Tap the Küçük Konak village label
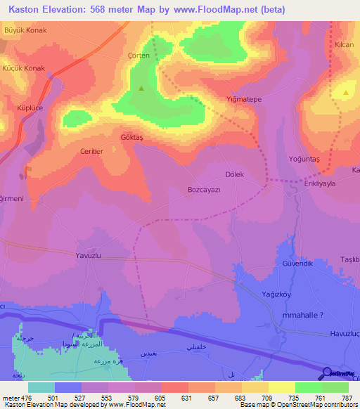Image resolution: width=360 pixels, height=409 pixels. (25, 68)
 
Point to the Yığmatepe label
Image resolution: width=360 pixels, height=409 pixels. (243, 100)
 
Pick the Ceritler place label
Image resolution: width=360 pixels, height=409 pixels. (91, 151)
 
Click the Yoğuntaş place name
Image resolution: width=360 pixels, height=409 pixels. (304, 160)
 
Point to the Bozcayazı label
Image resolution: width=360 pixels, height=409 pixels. (205, 190)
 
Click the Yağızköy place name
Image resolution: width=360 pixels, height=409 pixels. (276, 294)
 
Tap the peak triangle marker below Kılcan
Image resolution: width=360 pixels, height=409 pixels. (346, 92)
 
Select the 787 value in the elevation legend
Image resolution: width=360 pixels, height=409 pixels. (347, 397)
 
